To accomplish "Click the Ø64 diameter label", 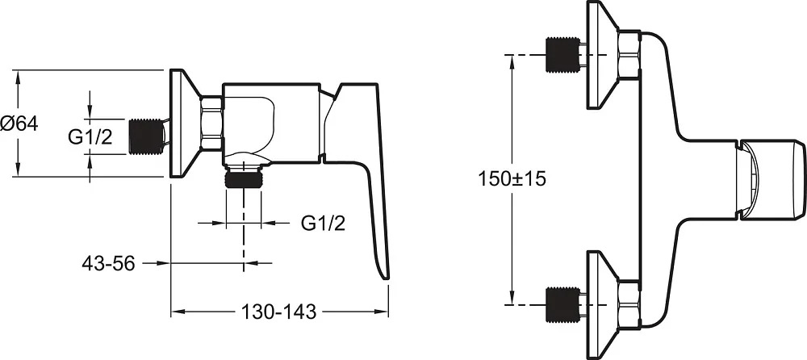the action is point(19,124).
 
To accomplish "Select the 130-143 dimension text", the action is point(279,312).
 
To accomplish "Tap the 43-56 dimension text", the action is point(108,263).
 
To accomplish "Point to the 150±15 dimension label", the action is point(512,178).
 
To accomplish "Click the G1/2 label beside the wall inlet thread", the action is point(90,137).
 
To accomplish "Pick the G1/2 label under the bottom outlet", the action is point(324,223).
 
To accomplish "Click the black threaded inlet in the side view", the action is point(144,136).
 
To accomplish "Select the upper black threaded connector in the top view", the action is point(562,54).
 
